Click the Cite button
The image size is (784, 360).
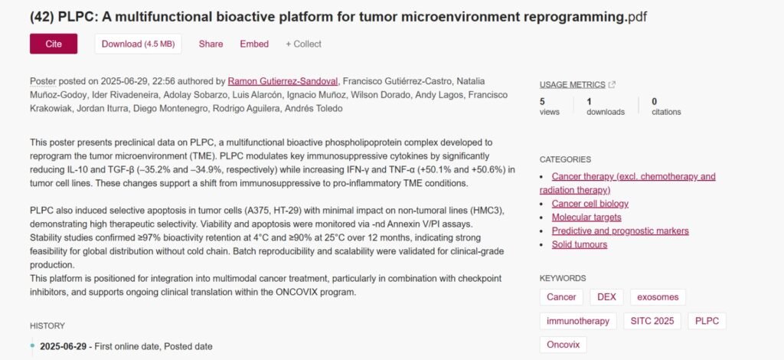pos(54,44)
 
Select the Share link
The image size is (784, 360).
pos(211,44)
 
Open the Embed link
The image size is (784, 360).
pos(254,44)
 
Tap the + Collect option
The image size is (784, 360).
pos(303,44)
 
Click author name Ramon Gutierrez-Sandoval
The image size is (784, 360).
pos(283,81)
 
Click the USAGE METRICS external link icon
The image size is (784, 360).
pos(612,85)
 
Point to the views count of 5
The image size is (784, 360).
pos(543,102)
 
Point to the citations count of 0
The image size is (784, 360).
pos(655,102)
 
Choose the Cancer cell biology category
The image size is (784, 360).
pos(590,204)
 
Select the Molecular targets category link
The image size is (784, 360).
pos(586,217)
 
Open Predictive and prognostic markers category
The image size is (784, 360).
pos(620,231)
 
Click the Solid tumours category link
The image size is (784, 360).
pos(580,244)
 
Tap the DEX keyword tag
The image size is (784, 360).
pos(606,297)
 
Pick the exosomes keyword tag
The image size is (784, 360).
pos(658,297)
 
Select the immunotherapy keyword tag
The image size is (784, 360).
pos(578,321)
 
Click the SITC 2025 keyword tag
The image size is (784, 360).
pos(652,321)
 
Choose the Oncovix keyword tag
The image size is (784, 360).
pos(563,345)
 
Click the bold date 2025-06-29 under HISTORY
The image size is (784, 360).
pos(64,346)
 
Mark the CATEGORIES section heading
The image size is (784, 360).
pos(565,159)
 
